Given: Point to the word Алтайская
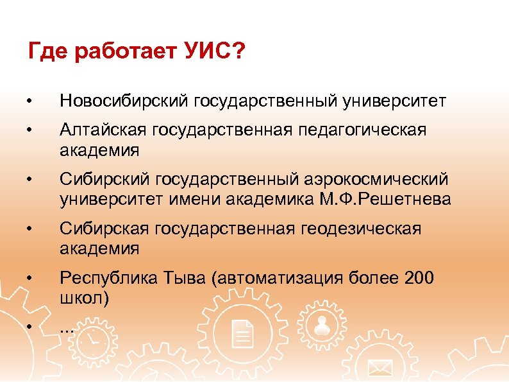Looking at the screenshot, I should coord(103,131).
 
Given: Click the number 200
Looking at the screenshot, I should coord(420,278).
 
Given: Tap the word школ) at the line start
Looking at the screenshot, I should coord(84,297).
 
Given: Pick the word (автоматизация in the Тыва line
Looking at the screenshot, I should coord(280,278).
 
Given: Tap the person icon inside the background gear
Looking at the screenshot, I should coord(322,326).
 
